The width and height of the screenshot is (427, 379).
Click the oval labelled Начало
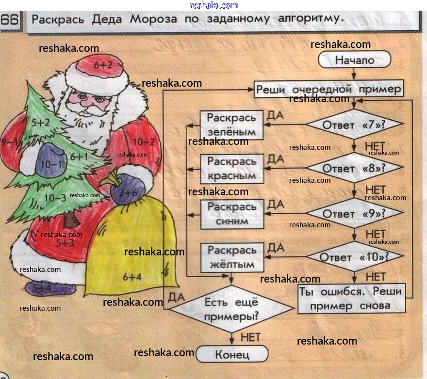click(x=355, y=60)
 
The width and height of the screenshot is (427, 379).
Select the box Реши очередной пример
click(x=329, y=90)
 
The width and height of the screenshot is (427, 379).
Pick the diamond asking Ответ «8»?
click(x=354, y=168)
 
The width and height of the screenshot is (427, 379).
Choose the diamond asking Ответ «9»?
click(x=354, y=213)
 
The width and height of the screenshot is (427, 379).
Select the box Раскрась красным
click(x=232, y=169)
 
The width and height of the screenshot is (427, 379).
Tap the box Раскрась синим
click(x=232, y=214)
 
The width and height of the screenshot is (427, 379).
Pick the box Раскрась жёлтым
click(x=232, y=257)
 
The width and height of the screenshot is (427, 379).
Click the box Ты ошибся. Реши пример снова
click(x=351, y=299)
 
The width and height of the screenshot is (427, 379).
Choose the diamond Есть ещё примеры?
click(x=231, y=309)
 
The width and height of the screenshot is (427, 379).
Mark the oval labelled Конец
click(x=232, y=354)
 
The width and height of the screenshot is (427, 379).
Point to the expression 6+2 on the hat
click(x=103, y=64)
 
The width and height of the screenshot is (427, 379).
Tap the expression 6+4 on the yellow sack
click(x=132, y=277)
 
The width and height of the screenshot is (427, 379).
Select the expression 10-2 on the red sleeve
click(x=143, y=142)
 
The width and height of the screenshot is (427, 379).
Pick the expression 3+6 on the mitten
click(x=128, y=192)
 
